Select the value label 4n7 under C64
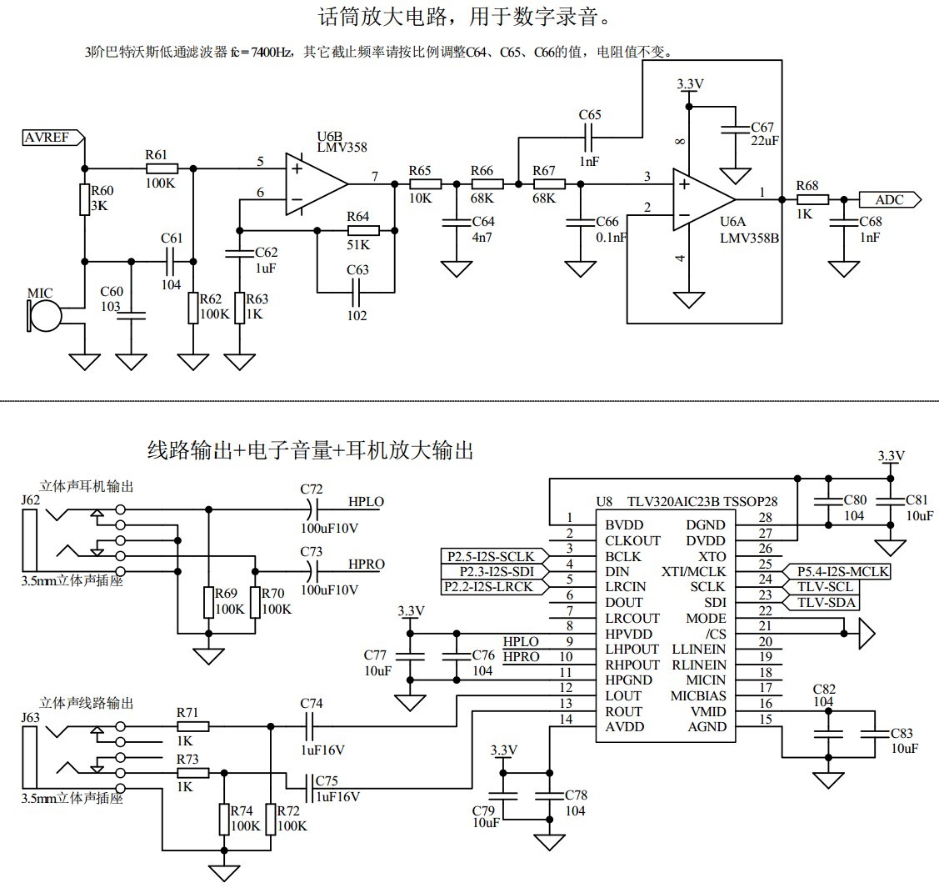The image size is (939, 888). [x=483, y=238]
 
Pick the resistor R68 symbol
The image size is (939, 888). [x=812, y=199]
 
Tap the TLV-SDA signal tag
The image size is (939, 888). [x=824, y=603]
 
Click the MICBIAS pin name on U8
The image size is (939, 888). [x=698, y=696]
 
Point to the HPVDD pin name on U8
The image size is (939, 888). [x=633, y=634]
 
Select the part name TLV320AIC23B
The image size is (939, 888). [x=672, y=502]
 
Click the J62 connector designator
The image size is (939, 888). [x=31, y=500]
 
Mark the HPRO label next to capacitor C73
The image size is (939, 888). [x=367, y=564]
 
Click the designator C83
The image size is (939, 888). [x=902, y=734]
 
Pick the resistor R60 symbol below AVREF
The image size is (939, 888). [x=84, y=200]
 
